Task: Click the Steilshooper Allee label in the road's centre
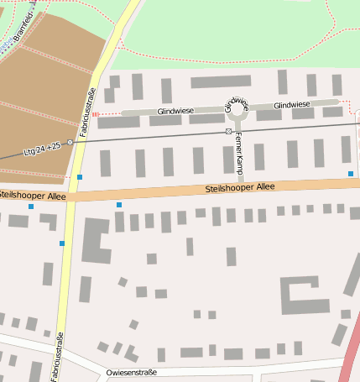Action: click(239, 188)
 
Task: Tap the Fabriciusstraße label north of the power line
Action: click(84, 113)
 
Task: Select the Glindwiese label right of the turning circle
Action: click(291, 105)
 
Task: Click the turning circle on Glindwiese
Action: click(236, 108)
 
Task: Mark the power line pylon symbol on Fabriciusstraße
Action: click(70, 142)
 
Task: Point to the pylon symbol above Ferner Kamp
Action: click(228, 132)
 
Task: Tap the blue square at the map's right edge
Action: click(351, 174)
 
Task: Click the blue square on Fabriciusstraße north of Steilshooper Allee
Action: click(80, 177)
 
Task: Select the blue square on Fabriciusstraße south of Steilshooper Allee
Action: click(62, 243)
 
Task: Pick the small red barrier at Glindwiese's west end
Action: click(95, 114)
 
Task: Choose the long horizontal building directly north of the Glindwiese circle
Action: click(221, 81)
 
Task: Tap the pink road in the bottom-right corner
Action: click(348, 357)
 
